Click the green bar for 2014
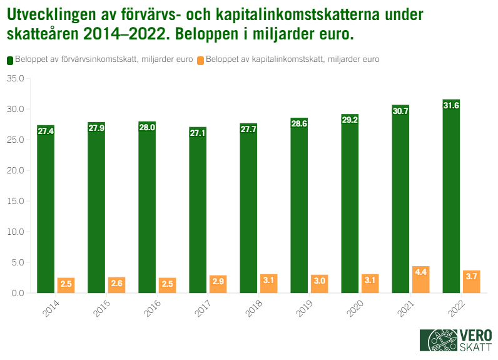46,209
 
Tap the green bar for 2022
451,197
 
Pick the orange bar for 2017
218,284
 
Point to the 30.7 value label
400,111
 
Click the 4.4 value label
420,272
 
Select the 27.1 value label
198,133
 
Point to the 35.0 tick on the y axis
15,79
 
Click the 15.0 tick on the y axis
15,202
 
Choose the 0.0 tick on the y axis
18,293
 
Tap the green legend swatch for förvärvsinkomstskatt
11,60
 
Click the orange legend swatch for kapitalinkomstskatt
200,60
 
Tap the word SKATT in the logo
475,347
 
